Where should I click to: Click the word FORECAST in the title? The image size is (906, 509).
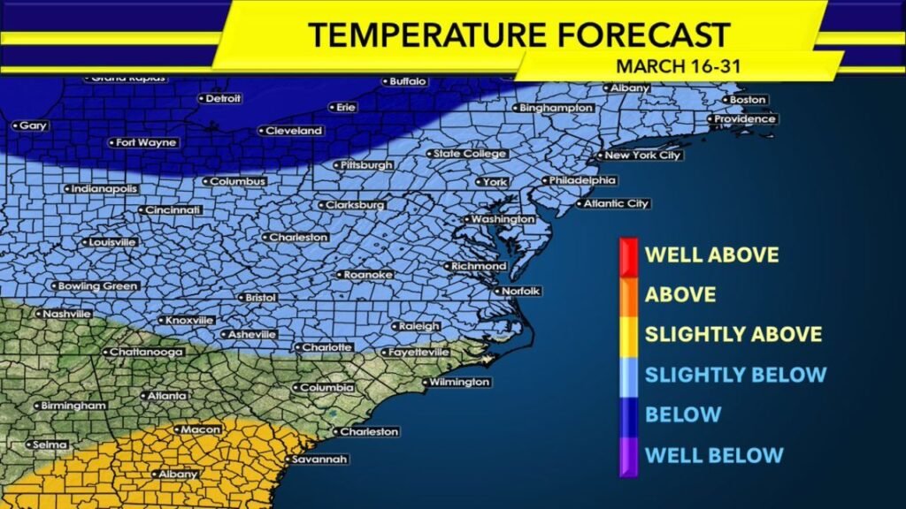(645, 35)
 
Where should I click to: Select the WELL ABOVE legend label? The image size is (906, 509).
(712, 255)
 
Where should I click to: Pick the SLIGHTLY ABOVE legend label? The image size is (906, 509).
(733, 335)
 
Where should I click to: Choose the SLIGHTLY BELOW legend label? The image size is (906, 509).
(735, 375)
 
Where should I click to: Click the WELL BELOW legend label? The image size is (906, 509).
(714, 455)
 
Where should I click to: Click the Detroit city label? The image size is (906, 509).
(223, 98)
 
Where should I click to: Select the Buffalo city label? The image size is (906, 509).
(408, 81)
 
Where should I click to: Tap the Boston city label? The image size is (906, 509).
(745, 100)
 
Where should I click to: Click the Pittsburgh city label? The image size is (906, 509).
(366, 165)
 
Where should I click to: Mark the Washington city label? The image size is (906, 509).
(503, 219)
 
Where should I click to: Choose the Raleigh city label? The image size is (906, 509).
(418, 326)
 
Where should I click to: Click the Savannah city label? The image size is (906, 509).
(319, 460)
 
